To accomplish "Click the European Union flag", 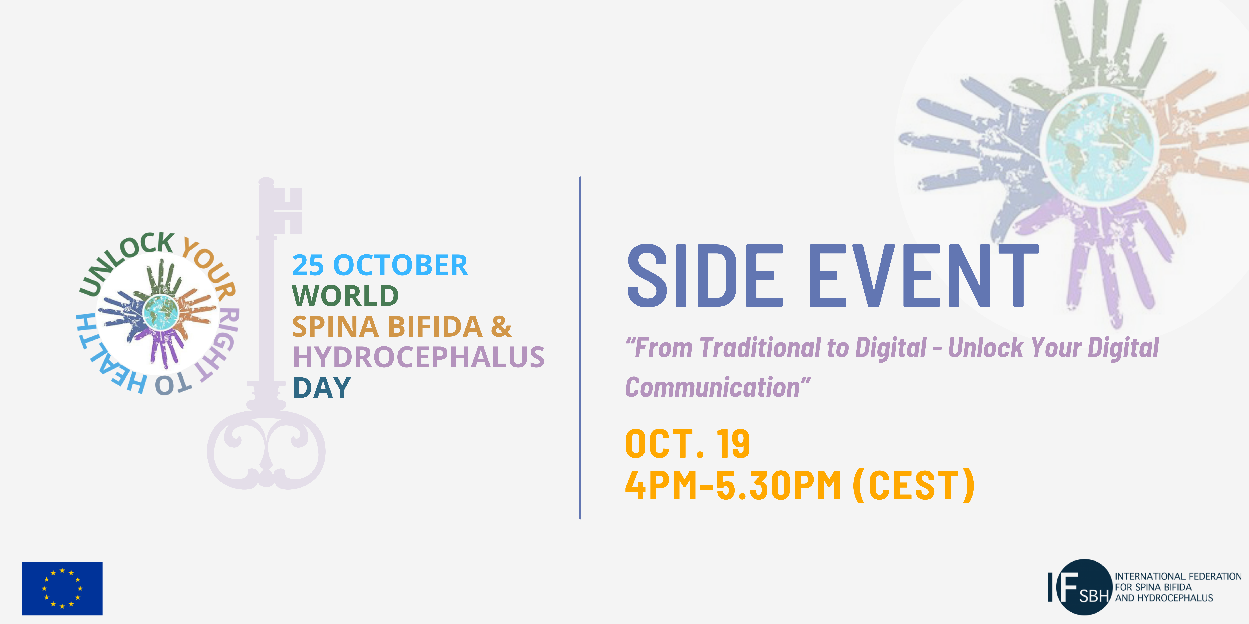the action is point(62,588).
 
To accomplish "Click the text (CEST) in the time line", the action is point(913,486).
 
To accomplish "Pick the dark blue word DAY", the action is point(321,388).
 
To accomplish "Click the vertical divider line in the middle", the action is point(580,348).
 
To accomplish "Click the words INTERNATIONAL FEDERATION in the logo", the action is point(1178,577).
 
